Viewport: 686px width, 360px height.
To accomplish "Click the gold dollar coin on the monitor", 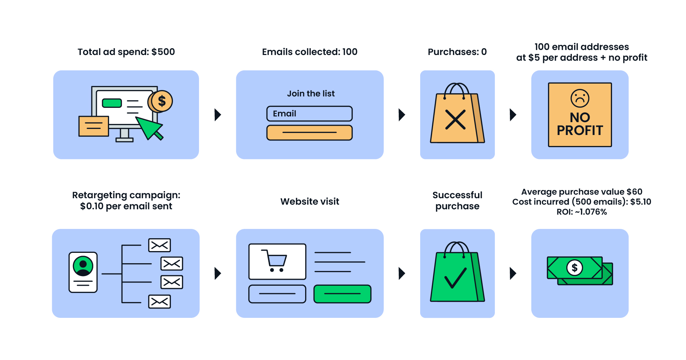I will pyautogui.click(x=161, y=101).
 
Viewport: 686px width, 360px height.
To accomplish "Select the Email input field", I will pyautogui.click(x=309, y=114).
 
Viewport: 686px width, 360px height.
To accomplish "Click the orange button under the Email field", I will pyautogui.click(x=309, y=132).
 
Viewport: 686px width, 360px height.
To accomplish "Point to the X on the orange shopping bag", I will pyautogui.click(x=455, y=119).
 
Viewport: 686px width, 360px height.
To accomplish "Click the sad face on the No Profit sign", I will pyautogui.click(x=580, y=98).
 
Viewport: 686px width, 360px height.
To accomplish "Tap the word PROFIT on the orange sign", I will pyautogui.click(x=580, y=131).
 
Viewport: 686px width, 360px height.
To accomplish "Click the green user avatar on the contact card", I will pyautogui.click(x=83, y=266).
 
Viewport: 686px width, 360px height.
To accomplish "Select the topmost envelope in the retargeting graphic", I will pyautogui.click(x=159, y=245).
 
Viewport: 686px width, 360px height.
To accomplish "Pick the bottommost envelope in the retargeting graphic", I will pyautogui.click(x=159, y=302).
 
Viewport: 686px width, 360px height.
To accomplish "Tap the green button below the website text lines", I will pyautogui.click(x=342, y=294).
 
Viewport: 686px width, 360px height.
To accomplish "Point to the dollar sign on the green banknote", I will pyautogui.click(x=575, y=267).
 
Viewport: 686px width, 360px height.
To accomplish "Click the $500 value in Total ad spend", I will pyautogui.click(x=163, y=52).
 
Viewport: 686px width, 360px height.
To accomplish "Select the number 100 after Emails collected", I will pyautogui.click(x=350, y=52).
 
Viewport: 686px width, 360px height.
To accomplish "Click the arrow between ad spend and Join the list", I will pyautogui.click(x=218, y=115).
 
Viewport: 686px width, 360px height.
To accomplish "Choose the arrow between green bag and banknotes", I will pyautogui.click(x=513, y=273).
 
